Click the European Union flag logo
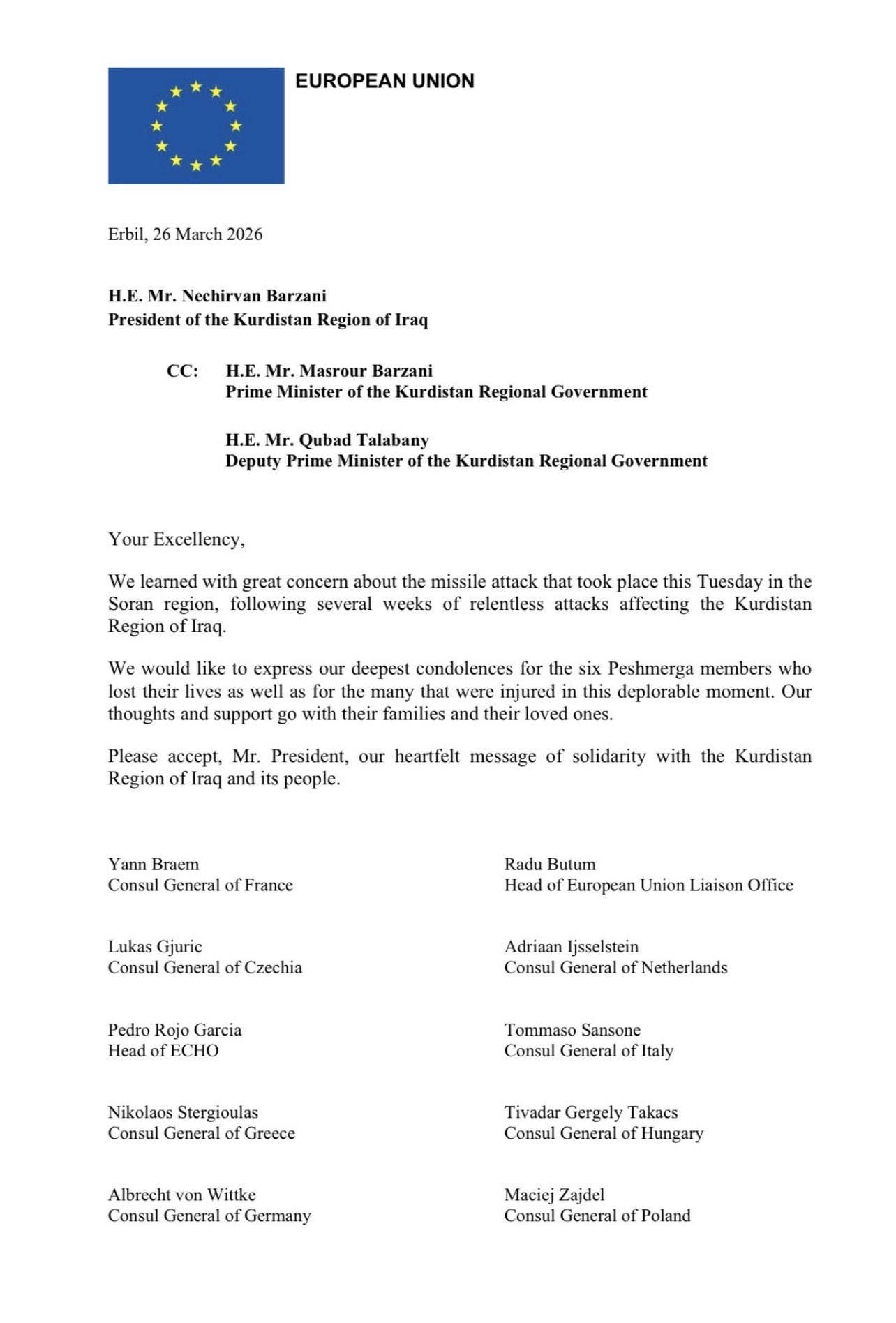[x=196, y=126]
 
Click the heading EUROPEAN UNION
[x=384, y=82]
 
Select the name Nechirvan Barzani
[x=254, y=296]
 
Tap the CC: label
[x=183, y=371]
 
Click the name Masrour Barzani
[x=366, y=371]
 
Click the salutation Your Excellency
[x=176, y=539]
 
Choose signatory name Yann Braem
[x=154, y=865]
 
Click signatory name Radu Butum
[x=550, y=865]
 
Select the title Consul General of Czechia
[x=205, y=968]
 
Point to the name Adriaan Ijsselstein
[x=572, y=947]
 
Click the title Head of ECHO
[x=163, y=1051]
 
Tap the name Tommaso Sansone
[x=572, y=1030]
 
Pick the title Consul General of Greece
[x=202, y=1133]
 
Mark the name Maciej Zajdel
[x=554, y=1195]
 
